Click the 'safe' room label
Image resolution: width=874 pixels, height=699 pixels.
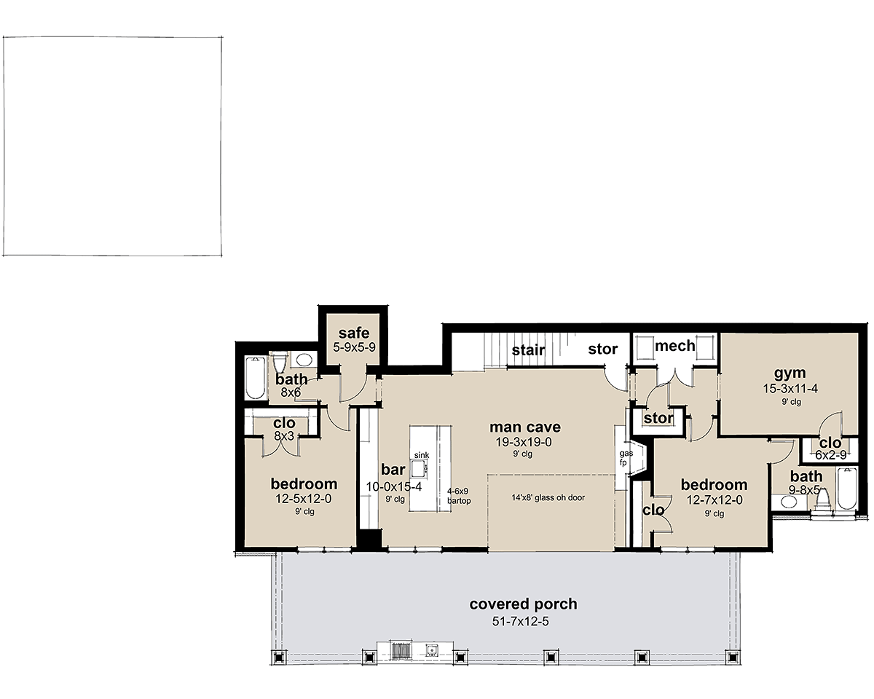coord(354,333)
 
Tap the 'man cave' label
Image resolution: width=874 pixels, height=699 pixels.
coord(524,427)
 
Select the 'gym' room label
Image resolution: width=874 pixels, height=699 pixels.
coord(790,374)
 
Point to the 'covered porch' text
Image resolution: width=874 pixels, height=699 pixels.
coord(523,604)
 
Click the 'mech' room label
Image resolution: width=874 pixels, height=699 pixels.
coord(675,346)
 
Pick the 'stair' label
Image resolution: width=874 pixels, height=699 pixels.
coord(528,349)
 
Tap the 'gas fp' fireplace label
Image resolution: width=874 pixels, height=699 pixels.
coord(626,458)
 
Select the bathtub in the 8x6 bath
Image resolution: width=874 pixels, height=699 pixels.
coord(255,378)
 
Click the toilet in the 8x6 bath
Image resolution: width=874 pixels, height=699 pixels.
coord(280,363)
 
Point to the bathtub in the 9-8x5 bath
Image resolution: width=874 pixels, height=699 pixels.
coord(846,489)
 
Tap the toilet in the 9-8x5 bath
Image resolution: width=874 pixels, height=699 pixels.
coord(822,499)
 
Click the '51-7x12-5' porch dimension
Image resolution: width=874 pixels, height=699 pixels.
coord(521,621)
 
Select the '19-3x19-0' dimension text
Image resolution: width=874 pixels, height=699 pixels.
coord(524,442)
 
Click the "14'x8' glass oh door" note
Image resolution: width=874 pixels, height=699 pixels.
coord(548,497)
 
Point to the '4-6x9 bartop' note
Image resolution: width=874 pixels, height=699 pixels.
coord(459,496)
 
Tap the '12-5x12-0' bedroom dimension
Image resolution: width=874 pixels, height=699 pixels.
coord(304,499)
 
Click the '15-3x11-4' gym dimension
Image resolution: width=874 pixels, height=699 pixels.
coord(790,389)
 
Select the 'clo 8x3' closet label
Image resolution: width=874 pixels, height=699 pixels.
coord(284,429)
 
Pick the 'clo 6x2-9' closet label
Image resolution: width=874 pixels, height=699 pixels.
coord(830,449)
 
